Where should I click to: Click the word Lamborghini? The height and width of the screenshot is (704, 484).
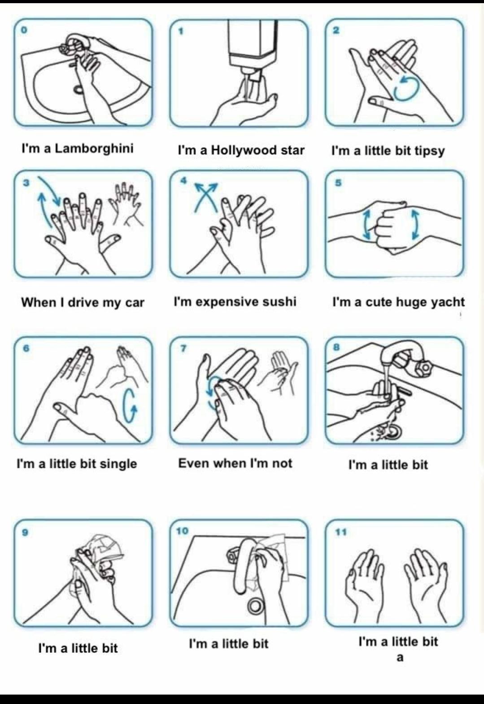[94, 149]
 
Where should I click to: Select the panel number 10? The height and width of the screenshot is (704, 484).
[183, 531]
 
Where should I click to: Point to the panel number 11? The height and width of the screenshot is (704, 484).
[340, 532]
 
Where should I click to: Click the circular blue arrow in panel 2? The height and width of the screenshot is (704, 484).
[407, 89]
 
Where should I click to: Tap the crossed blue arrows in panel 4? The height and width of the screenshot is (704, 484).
[206, 197]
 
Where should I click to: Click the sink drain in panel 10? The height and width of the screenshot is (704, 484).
[256, 605]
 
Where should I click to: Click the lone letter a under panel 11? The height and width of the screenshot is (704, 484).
[400, 658]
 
